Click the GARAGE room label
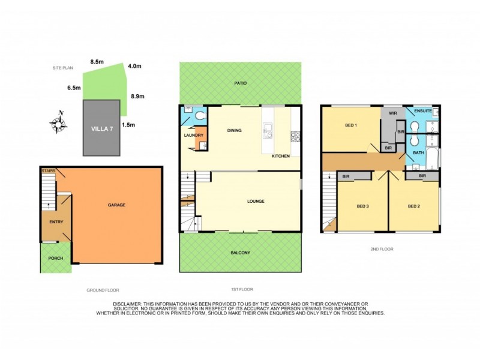tap(116, 205)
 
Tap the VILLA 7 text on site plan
tap(102, 129)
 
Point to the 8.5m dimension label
tap(97, 62)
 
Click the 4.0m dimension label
tap(134, 66)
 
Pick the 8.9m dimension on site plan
tap(137, 96)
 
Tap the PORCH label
tap(56, 259)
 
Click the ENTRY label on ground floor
tap(56, 222)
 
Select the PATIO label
tap(241, 83)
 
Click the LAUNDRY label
tap(193, 136)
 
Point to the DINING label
tap(234, 130)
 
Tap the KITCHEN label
tap(280, 156)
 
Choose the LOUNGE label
tap(256, 201)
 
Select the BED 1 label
tap(351, 125)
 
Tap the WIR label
tap(393, 113)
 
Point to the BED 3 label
tap(362, 206)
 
